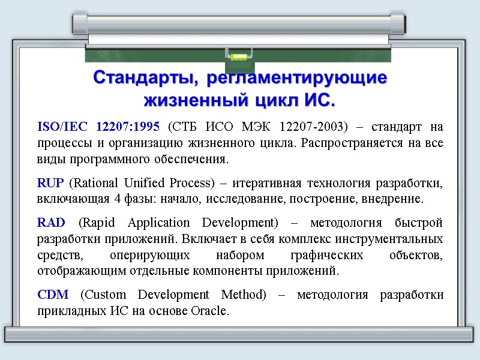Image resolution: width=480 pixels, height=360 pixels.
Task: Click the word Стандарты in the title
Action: (143, 78)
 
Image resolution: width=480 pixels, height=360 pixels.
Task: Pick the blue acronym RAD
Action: (51, 223)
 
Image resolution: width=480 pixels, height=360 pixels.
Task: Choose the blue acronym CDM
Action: (52, 295)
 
